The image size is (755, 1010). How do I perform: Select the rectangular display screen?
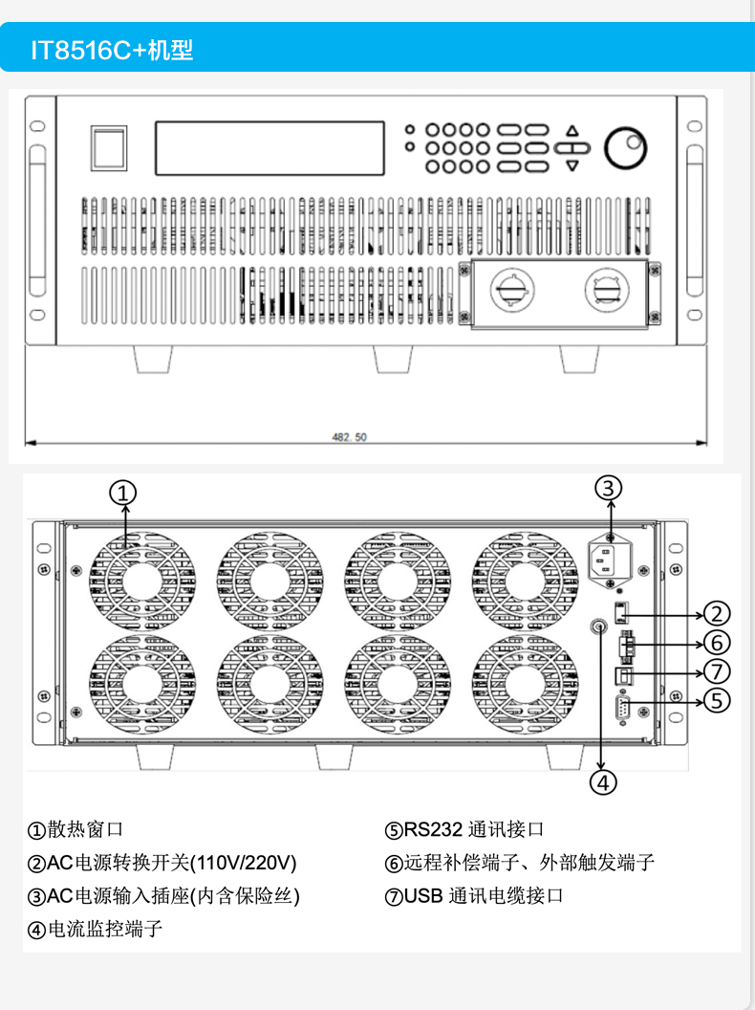(x=270, y=147)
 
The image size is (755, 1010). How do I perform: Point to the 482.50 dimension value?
(x=349, y=437)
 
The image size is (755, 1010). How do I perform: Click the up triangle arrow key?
(x=572, y=131)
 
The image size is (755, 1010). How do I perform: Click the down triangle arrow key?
(x=572, y=165)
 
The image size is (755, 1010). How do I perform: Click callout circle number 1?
(x=123, y=493)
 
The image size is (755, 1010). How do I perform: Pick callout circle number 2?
(x=718, y=614)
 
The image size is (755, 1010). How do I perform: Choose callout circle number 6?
(x=718, y=642)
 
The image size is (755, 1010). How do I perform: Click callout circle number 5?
(x=718, y=700)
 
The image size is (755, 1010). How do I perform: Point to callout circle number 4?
(x=602, y=781)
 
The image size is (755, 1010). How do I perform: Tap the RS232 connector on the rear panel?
(x=622, y=709)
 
